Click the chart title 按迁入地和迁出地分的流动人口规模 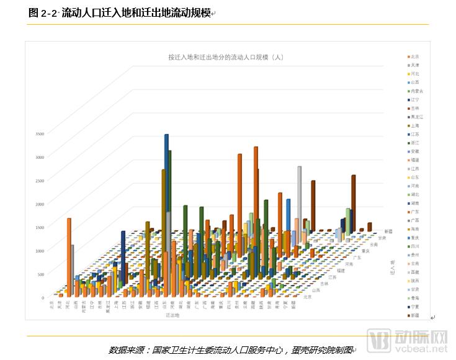tap(226, 57)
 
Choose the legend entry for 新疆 tap(412, 315)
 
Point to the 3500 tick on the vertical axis tap(39, 133)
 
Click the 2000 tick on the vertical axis tap(39, 204)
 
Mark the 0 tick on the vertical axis tap(43, 297)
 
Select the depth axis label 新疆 tap(388, 231)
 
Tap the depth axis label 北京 tap(308, 297)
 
